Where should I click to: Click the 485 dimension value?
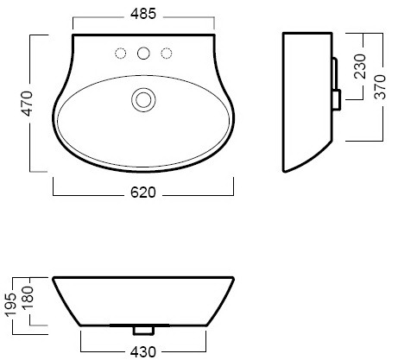(143, 14)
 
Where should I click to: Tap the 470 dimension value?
(28, 104)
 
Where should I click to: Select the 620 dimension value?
(143, 193)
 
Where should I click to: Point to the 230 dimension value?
(360, 66)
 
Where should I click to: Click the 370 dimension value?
(380, 87)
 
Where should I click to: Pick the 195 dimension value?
(11, 305)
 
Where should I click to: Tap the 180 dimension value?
(28, 298)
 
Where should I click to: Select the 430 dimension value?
(143, 352)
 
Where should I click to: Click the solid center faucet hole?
(143, 54)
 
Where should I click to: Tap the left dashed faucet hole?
(121, 54)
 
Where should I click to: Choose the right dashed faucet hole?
(167, 54)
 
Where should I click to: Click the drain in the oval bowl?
(143, 100)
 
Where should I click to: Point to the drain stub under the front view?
(143, 331)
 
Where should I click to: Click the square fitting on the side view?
(337, 99)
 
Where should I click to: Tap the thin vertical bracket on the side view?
(335, 73)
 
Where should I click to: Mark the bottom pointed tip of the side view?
(284, 172)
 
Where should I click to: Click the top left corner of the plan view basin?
(73, 35)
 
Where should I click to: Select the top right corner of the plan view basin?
(214, 35)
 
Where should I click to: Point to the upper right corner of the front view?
(233, 278)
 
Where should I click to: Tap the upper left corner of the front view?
(54, 278)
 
